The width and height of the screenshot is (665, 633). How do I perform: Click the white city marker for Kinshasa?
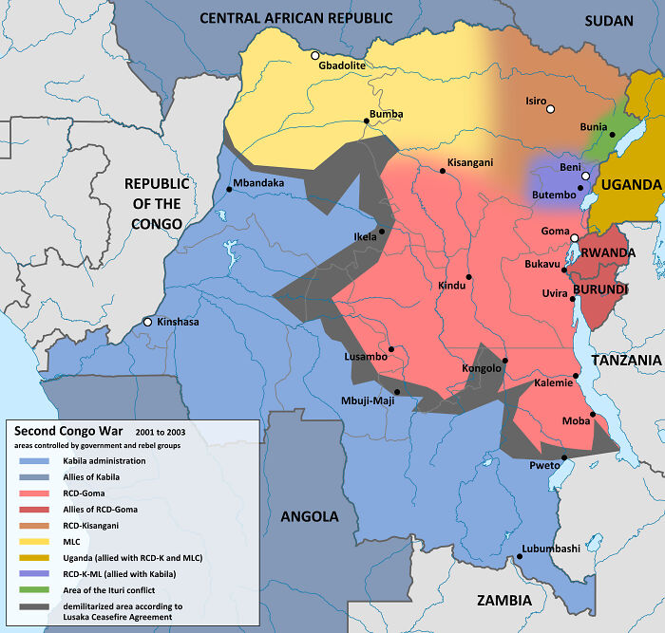click(x=147, y=323)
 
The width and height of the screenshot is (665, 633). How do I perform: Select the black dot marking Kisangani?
click(x=443, y=172)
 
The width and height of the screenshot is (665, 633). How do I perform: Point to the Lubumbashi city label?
click(x=550, y=549)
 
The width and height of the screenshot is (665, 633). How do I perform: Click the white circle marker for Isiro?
click(x=550, y=109)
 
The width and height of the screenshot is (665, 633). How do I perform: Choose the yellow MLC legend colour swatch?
click(x=32, y=540)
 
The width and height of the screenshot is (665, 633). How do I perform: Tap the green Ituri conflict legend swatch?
click(x=32, y=588)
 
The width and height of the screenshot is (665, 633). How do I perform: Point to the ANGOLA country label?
click(x=310, y=516)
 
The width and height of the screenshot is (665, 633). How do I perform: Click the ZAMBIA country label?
click(x=503, y=600)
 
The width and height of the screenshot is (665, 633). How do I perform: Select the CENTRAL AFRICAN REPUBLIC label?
click(x=295, y=18)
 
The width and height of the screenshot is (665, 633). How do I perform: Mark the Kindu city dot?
click(x=469, y=276)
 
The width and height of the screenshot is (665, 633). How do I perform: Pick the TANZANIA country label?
click(x=625, y=361)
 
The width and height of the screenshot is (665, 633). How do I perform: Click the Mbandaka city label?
click(x=258, y=183)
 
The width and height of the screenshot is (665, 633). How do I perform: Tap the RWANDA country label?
click(x=608, y=252)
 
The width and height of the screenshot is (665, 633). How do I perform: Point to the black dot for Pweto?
click(x=563, y=457)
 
